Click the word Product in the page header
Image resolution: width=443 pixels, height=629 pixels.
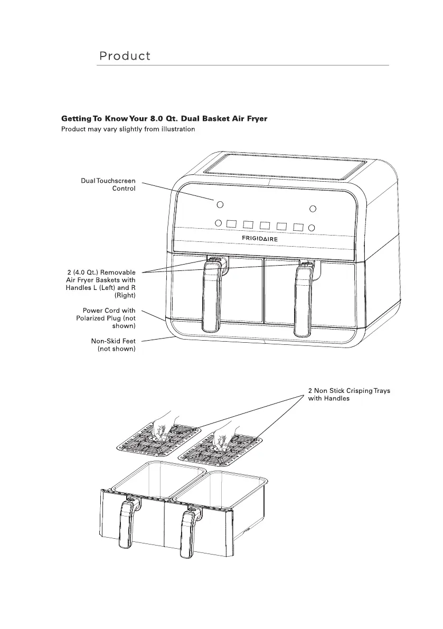tap(125, 56)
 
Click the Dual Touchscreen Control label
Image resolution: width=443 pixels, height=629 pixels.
tap(108, 184)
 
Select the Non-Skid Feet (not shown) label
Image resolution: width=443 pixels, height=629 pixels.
tap(113, 345)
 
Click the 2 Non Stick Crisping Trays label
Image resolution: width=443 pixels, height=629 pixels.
tap(348, 395)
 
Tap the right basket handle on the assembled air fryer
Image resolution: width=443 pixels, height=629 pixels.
tap(303, 301)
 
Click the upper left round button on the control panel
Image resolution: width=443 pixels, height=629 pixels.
tap(220, 204)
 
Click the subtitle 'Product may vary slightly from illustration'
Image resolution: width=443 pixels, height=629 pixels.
tap(128, 129)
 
